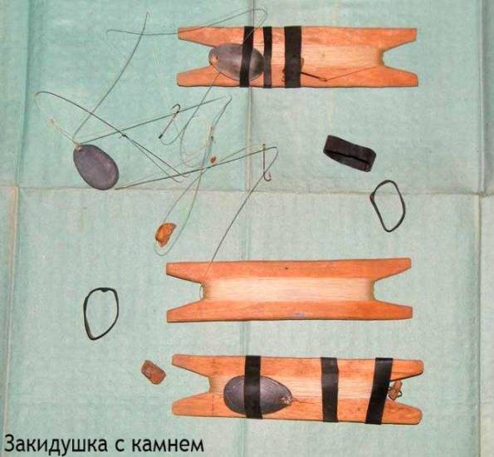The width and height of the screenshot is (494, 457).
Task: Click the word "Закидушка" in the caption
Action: point(55,444)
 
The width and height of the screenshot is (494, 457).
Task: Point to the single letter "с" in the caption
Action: point(118,445)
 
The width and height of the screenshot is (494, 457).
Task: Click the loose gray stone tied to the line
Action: point(95,167)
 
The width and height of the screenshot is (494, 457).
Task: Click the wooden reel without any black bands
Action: point(289,291)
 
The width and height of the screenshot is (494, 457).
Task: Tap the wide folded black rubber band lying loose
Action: point(350,153)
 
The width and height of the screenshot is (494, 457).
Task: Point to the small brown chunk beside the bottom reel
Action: point(153,372)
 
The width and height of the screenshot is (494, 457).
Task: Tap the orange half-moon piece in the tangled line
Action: point(165,233)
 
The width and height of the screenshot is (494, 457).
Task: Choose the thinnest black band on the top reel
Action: point(267,57)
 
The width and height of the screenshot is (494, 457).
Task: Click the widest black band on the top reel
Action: point(293,57)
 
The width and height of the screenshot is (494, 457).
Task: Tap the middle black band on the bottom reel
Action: point(330,390)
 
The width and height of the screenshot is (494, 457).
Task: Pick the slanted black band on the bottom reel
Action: point(379,391)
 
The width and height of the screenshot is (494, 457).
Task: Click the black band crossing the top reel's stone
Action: point(247,57)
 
